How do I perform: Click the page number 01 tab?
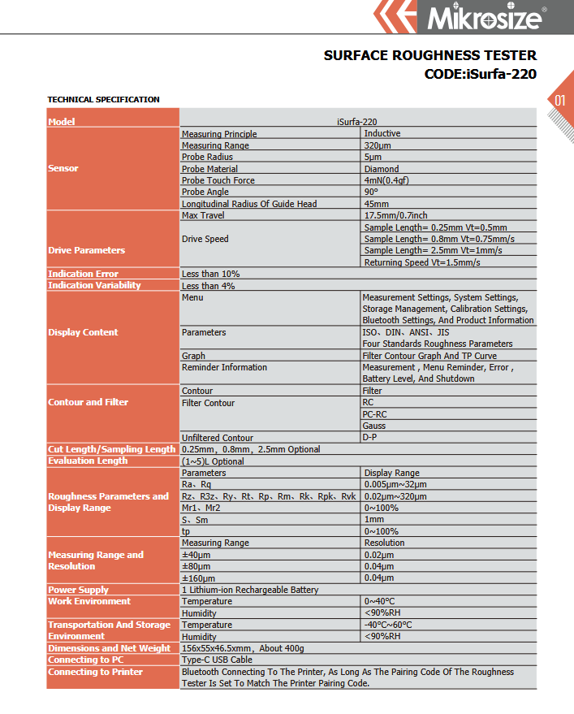click(x=559, y=101)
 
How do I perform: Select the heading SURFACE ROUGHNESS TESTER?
click(x=429, y=56)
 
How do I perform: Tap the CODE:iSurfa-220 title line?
click(x=480, y=74)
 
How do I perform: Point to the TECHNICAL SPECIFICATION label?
click(x=103, y=100)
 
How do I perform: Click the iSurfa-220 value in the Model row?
click(x=357, y=122)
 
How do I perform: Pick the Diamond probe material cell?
click(x=382, y=169)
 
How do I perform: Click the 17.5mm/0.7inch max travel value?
click(x=395, y=215)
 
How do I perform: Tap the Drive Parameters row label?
click(x=86, y=250)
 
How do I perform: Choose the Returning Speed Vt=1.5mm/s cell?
click(x=421, y=262)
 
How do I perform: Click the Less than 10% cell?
click(x=210, y=274)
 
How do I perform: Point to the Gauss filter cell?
click(x=374, y=426)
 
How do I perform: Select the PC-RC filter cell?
click(x=374, y=414)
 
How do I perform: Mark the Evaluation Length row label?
click(x=88, y=461)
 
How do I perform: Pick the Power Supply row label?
click(x=78, y=590)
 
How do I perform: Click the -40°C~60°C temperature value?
click(x=388, y=625)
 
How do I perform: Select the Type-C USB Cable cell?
click(x=217, y=660)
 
